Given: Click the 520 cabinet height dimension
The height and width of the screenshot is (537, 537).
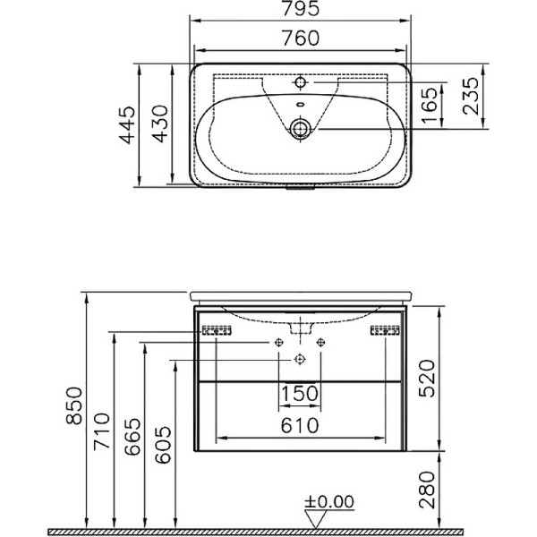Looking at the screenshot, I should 431,377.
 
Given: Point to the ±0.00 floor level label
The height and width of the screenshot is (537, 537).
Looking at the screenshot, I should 329,501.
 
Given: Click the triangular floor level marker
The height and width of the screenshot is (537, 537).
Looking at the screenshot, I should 315,517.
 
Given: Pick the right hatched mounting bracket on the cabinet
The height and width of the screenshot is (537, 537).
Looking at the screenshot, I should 386,331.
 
